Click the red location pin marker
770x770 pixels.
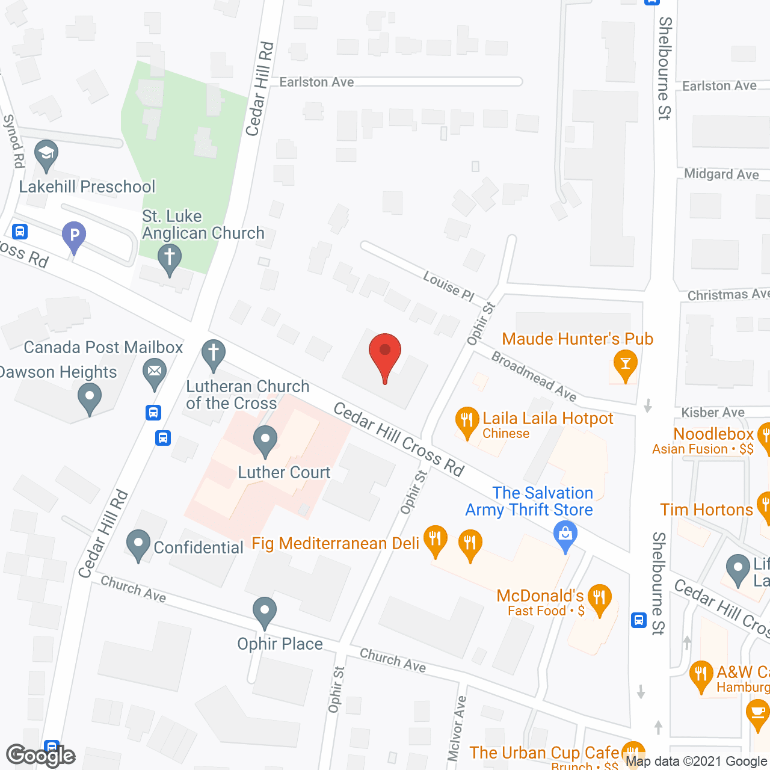384,355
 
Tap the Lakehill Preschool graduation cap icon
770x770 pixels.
46,155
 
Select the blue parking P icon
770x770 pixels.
74,236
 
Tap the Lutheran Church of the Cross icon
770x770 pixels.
213,354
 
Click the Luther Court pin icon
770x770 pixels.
265,441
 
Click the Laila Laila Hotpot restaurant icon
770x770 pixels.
467,422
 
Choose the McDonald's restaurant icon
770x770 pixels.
599,599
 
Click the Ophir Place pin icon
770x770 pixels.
264,612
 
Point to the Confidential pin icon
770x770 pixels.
138,544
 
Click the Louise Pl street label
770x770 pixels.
449,286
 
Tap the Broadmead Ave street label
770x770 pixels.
534,376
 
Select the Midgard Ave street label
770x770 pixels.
721,174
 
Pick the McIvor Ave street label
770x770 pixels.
457,728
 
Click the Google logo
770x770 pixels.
40,756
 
